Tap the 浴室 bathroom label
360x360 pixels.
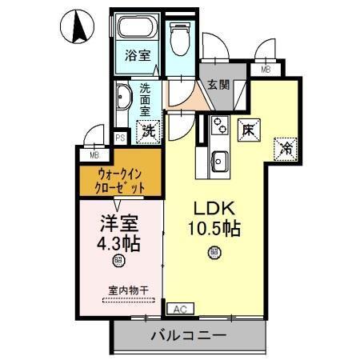[x=138, y=56]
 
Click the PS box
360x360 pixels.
[x=120, y=138]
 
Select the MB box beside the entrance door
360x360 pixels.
[x=266, y=70]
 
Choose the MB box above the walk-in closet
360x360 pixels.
[x=94, y=155]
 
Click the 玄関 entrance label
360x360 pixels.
[x=218, y=84]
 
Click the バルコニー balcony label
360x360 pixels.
[x=188, y=334]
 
